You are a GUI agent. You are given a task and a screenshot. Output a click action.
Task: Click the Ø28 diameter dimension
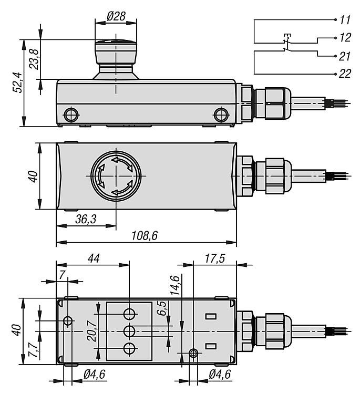(116, 16)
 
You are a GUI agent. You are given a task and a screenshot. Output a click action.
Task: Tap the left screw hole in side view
(69, 113)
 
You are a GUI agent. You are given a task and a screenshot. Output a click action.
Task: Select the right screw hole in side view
(220, 113)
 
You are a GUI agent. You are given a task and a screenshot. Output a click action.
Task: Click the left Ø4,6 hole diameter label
(95, 375)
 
